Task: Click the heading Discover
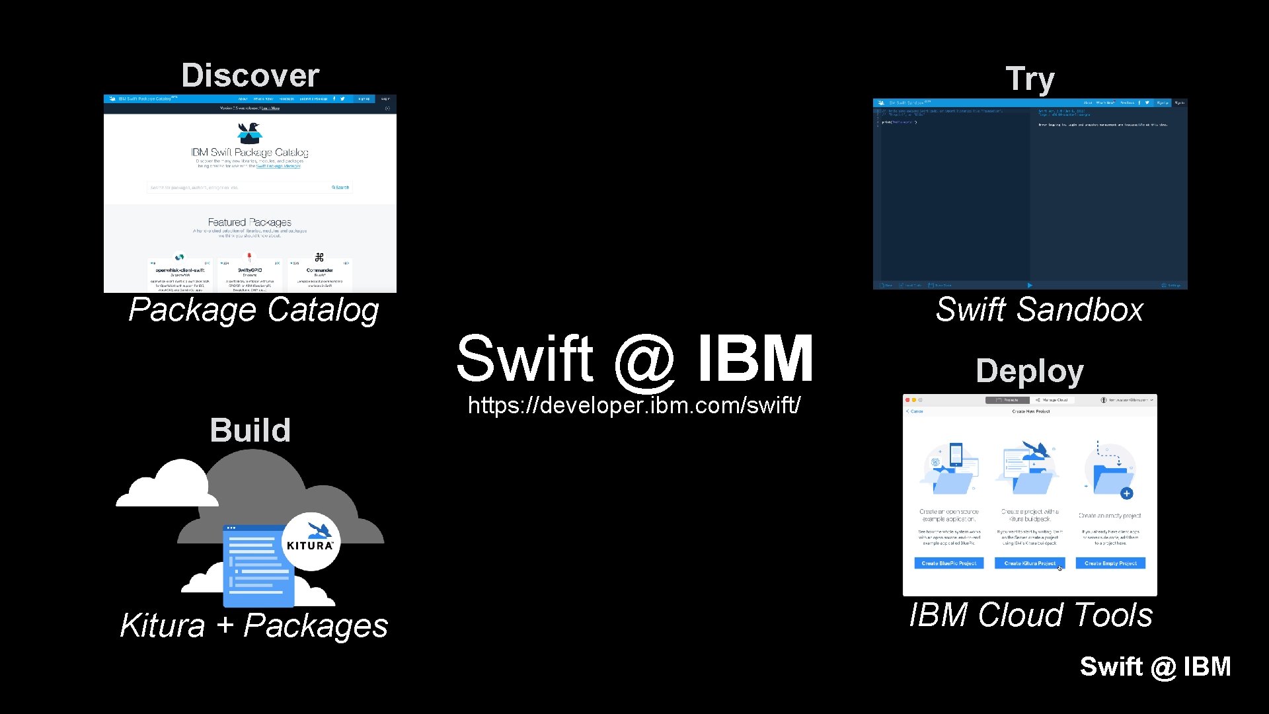click(x=250, y=75)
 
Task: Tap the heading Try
click(x=1030, y=79)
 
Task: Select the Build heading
click(x=250, y=430)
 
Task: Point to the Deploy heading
click(x=1030, y=371)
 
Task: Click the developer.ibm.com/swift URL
click(x=634, y=405)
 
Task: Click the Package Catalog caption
click(x=254, y=309)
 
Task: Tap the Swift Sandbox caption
click(x=1039, y=309)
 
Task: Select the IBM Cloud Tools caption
click(x=1030, y=615)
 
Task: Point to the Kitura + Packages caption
click(x=254, y=625)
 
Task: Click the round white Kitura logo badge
click(x=311, y=541)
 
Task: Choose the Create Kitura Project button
click(x=1030, y=563)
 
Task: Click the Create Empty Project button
click(x=1110, y=563)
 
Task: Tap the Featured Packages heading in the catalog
click(x=250, y=222)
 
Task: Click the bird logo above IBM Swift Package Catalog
click(x=250, y=133)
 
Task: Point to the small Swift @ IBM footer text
click(x=1155, y=666)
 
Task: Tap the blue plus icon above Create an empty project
click(x=1127, y=493)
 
